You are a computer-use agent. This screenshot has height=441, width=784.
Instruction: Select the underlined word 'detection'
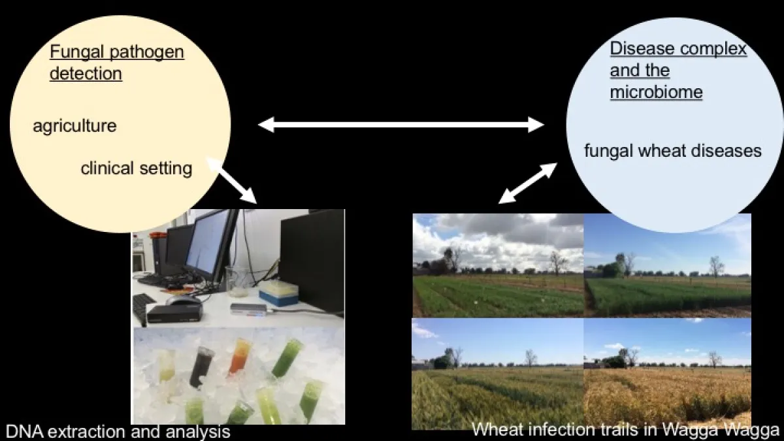(86, 74)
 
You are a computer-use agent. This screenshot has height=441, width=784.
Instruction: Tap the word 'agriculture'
(74, 125)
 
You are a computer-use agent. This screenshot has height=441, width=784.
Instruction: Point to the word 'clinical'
(105, 169)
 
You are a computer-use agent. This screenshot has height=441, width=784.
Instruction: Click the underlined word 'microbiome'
(656, 92)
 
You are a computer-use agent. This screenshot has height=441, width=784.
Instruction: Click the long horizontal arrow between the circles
(400, 124)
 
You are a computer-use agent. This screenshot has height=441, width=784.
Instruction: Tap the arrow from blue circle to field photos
(528, 182)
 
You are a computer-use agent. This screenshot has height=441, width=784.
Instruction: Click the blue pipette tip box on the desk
(278, 293)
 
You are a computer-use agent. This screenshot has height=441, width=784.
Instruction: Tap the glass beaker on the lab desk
(237, 281)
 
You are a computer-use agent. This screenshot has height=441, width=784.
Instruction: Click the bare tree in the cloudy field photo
(557, 261)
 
